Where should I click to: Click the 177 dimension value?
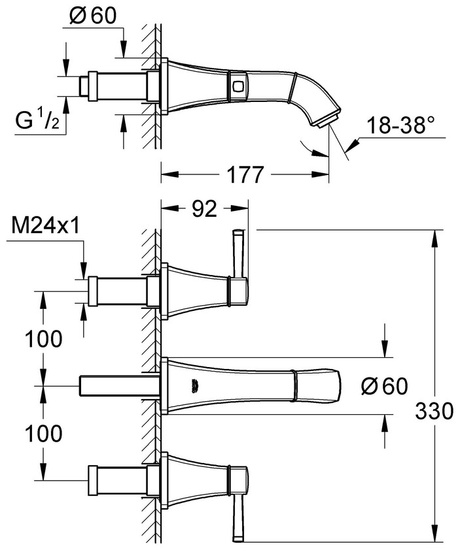pyautogui.click(x=245, y=175)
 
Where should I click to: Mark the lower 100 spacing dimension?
pyautogui.click(x=44, y=432)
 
